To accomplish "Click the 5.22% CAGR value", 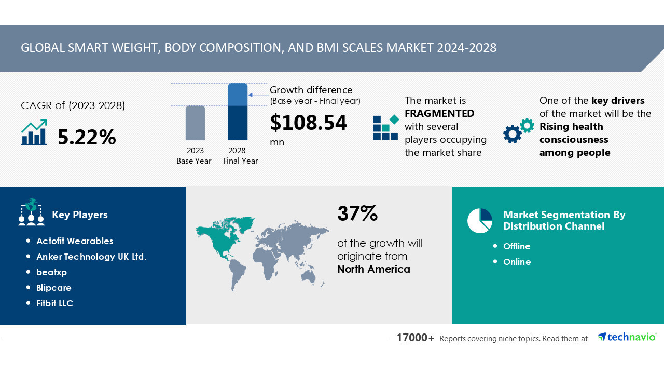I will click(x=87, y=137).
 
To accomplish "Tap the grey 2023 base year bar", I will click(x=195, y=123).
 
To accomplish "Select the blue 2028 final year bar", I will click(x=238, y=112).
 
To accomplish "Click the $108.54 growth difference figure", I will click(x=308, y=123).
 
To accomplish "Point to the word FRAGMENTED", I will click(x=439, y=113).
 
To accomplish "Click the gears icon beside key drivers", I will click(x=518, y=130).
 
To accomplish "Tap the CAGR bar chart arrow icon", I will click(x=34, y=133).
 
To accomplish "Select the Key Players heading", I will click(x=80, y=215).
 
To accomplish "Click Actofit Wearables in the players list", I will click(x=75, y=241).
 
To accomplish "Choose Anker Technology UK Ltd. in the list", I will click(x=91, y=257).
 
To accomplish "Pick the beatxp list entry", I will click(x=52, y=272).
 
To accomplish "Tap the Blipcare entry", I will click(x=54, y=288).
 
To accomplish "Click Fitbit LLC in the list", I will click(x=55, y=303).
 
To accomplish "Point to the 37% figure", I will click(x=357, y=213).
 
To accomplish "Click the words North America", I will click(x=374, y=269).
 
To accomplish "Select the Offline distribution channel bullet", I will click(x=517, y=246).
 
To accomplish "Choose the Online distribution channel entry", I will click(x=517, y=262).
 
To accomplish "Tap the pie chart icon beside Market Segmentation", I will click(x=480, y=221).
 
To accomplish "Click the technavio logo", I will click(x=627, y=337).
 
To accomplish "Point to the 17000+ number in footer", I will click(x=416, y=338).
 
